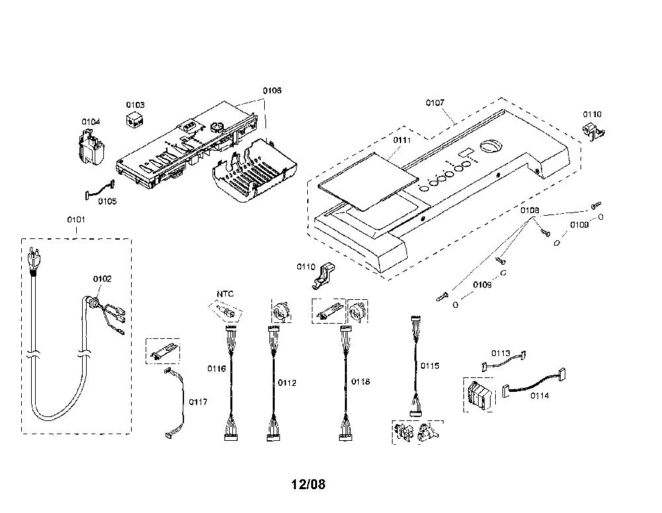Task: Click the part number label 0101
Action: coord(76,220)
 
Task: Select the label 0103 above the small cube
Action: coord(135,105)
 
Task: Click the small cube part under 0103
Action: coord(135,119)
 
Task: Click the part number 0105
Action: coord(107,201)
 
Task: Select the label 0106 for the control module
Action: coord(272,91)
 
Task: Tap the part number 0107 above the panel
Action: coord(435,103)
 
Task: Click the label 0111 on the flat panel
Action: coord(402,140)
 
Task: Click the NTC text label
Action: coord(225,294)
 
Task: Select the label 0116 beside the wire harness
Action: coord(216,369)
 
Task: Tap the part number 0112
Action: coord(287,383)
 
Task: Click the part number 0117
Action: coord(198,402)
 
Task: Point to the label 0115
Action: coord(430,366)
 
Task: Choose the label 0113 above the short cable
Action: coord(500,353)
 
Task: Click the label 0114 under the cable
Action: coord(540,396)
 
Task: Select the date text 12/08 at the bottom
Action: coord(308,484)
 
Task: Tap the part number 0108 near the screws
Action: coord(530,210)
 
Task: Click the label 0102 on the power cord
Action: coord(102,279)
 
